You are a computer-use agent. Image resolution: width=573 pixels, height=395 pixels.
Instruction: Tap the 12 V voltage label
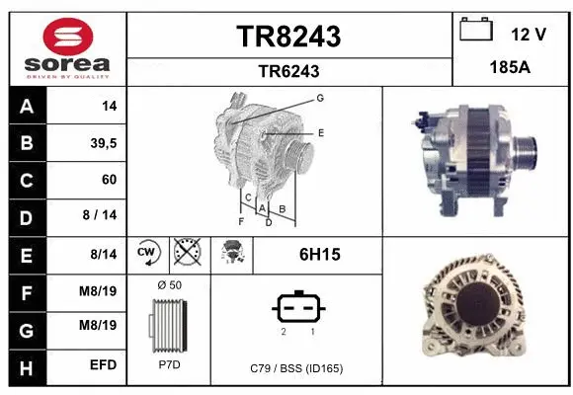pos(529,35)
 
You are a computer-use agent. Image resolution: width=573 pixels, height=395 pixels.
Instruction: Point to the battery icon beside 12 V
pos(477,31)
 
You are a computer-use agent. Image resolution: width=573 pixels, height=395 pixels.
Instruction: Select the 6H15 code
pos(319,255)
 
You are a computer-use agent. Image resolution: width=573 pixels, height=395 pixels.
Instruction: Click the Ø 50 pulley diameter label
pos(169,285)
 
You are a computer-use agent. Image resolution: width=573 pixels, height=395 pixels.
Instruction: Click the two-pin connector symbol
pos(296,309)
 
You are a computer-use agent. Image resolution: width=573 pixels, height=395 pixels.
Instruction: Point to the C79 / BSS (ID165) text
pos(296,368)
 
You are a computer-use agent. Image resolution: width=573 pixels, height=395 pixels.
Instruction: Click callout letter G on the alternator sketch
pos(320,98)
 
